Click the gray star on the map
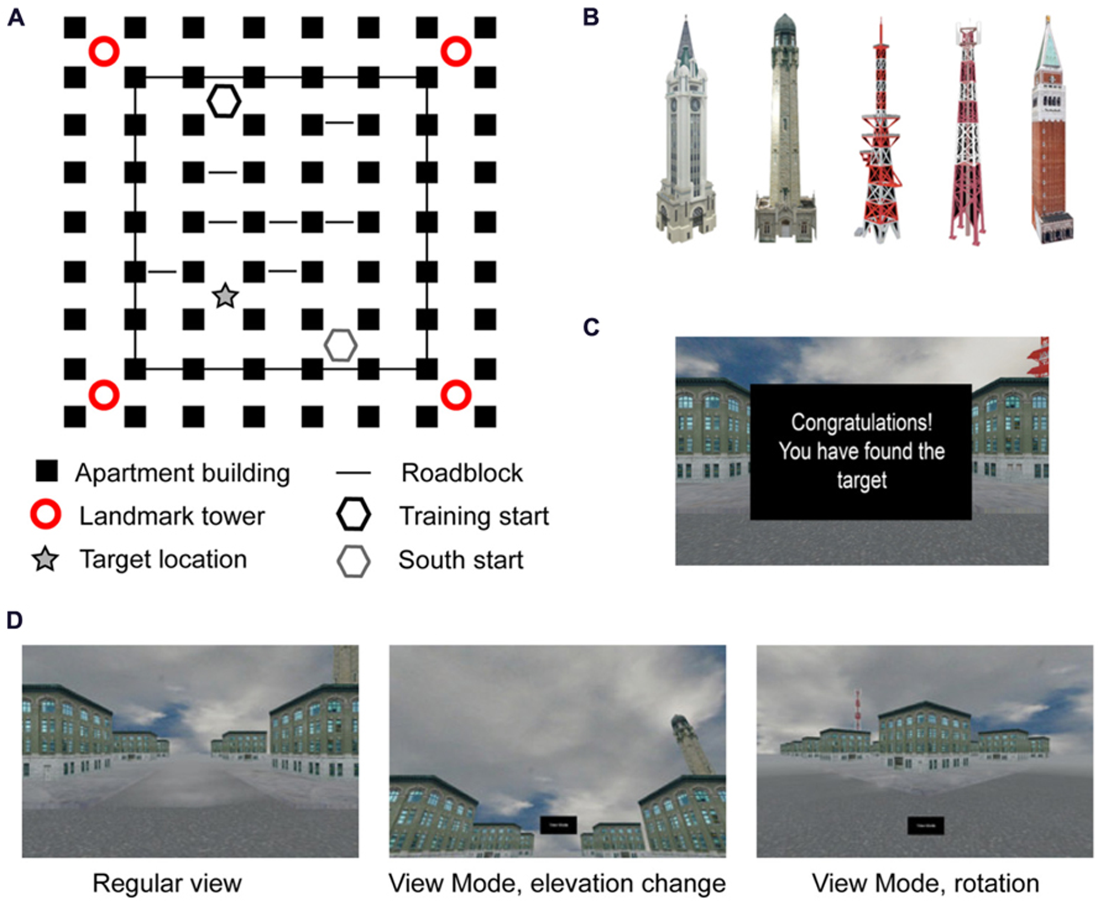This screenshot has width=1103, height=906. click(x=225, y=296)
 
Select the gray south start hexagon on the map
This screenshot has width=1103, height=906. click(x=340, y=345)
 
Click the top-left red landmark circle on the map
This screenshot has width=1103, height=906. click(x=104, y=51)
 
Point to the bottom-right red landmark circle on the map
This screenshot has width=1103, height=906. click(x=456, y=395)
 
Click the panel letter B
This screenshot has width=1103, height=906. click(x=591, y=17)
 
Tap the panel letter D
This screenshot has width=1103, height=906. click(x=15, y=620)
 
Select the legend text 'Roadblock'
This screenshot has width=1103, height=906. click(x=462, y=473)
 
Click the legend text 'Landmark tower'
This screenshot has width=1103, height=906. click(x=172, y=516)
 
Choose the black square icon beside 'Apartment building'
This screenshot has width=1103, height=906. click(x=47, y=471)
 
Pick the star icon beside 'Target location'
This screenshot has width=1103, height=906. click(x=46, y=560)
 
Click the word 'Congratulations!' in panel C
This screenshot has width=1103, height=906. click(x=861, y=423)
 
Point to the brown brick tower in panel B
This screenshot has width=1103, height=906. click(x=1052, y=138)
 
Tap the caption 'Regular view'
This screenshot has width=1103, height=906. click(x=167, y=884)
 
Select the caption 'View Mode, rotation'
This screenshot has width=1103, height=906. click(x=925, y=884)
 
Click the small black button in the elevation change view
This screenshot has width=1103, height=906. click(x=558, y=825)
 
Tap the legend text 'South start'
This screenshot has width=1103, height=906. click(x=461, y=560)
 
